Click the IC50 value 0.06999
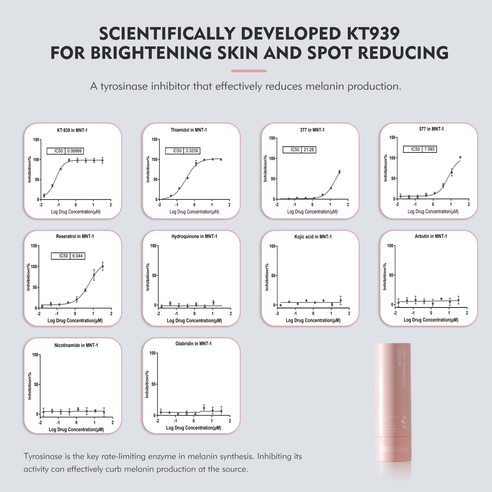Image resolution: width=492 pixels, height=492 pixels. (x=74, y=151)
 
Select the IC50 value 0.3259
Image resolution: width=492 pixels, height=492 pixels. (x=192, y=151)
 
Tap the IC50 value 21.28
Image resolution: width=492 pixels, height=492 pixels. (x=309, y=150)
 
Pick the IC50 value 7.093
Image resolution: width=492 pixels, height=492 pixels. (x=429, y=149)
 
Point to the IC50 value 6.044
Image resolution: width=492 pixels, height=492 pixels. (x=77, y=256)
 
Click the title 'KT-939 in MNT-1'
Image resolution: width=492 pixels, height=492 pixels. (x=72, y=130)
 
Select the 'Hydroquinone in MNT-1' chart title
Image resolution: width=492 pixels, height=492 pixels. (x=194, y=236)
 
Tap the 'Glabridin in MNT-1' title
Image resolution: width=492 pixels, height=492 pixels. (x=193, y=343)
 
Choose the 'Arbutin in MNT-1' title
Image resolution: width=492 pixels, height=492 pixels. (x=431, y=236)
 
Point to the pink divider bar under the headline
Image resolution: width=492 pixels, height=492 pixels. (x=249, y=71)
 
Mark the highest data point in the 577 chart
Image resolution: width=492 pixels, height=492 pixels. (x=460, y=157)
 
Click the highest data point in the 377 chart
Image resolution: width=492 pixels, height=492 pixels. (x=339, y=172)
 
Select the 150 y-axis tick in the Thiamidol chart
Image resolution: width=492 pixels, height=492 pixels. (x=154, y=139)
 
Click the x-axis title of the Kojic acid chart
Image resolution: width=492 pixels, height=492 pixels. (x=313, y=320)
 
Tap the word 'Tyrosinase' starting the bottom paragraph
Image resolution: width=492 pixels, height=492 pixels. (x=43, y=456)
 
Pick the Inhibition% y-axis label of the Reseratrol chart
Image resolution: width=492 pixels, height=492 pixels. (x=28, y=277)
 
